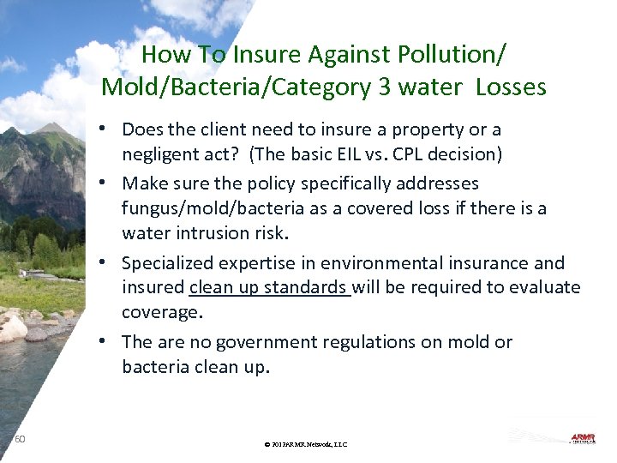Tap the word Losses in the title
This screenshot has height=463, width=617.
[x=512, y=87]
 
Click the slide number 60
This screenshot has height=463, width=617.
[x=20, y=439]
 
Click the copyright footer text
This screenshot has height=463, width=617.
[x=306, y=444]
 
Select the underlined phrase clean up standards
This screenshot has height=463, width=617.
[x=269, y=288]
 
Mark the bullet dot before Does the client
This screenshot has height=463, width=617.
[x=102, y=129]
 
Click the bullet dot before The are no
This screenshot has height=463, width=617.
[x=102, y=341]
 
